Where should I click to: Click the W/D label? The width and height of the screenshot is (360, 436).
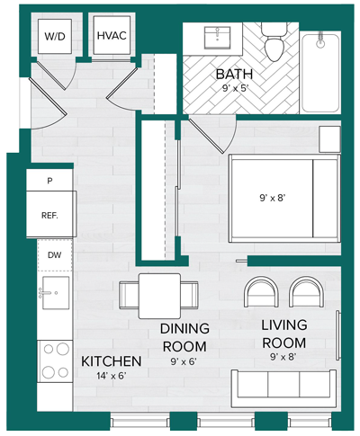55,37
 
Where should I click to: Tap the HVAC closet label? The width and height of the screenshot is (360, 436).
112,36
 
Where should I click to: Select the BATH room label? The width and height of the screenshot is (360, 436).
234,75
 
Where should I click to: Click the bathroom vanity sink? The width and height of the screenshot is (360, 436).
218,38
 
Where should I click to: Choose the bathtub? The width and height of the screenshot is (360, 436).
320,72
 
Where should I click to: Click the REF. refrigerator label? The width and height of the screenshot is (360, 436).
49,216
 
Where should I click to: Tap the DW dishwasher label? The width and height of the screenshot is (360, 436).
55,255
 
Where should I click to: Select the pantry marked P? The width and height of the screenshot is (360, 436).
49,181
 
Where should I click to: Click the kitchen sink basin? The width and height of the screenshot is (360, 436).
56,293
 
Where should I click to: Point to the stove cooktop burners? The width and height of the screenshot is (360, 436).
55,360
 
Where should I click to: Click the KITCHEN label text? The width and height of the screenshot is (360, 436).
112,361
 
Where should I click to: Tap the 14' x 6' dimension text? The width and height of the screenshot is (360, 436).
111,376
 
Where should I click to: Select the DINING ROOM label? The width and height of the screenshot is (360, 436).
184,337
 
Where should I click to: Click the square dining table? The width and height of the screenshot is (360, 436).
159,296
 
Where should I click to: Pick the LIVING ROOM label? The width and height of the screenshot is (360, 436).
284,334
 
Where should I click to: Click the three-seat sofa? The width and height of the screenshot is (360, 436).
283,388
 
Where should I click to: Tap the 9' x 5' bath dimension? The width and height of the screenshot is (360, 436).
234,88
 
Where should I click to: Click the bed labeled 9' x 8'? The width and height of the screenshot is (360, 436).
284,199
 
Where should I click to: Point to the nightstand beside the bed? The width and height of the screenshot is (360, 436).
329,139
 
